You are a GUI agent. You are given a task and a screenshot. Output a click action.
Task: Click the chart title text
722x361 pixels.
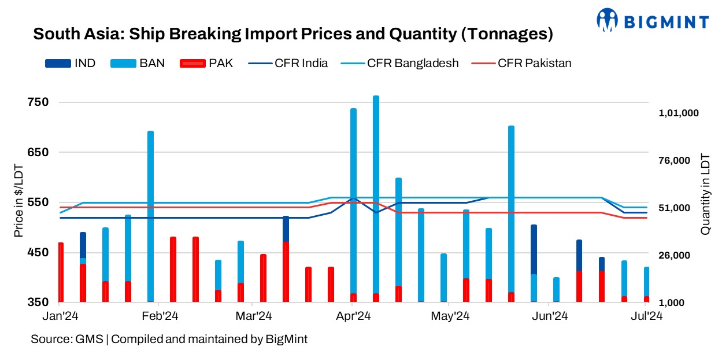coord(293,34)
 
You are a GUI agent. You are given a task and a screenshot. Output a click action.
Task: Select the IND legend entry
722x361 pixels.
coord(70,63)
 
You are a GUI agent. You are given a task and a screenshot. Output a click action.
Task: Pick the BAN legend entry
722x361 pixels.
coord(136,63)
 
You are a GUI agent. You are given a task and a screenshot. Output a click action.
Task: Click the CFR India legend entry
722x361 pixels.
coord(288,63)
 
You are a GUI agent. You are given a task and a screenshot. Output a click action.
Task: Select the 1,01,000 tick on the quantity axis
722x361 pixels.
coord(679,113)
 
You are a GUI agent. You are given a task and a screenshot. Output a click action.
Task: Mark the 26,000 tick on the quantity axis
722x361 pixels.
coord(679,255)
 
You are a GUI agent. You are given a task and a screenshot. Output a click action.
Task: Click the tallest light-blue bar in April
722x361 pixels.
coord(376,197)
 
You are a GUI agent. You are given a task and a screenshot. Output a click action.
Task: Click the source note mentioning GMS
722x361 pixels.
coord(169,340)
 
